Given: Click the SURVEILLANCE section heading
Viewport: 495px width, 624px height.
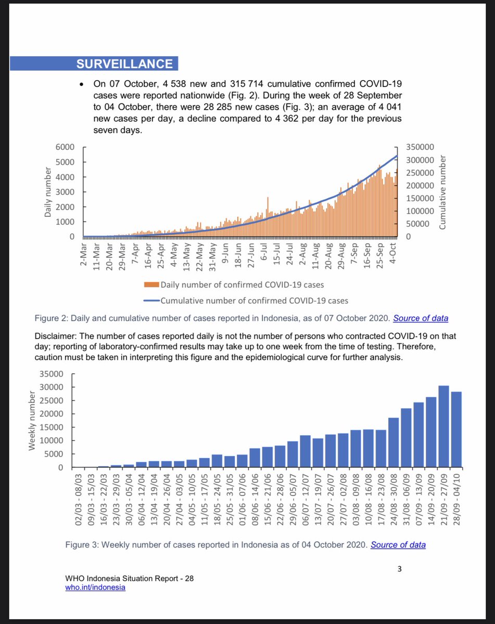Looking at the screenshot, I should [124, 63].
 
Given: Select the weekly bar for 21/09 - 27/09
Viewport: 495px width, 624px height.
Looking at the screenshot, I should [443, 427].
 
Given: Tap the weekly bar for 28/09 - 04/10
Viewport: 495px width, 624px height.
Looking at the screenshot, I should [456, 430].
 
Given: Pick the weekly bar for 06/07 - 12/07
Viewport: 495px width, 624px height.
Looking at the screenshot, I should [306, 452].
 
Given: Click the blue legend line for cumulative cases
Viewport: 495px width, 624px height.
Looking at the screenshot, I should [151, 300].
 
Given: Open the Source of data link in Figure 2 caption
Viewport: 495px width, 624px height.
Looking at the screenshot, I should [421, 318].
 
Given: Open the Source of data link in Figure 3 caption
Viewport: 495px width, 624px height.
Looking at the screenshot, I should [398, 545].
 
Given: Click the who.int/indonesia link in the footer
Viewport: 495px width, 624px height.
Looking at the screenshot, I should [95, 588].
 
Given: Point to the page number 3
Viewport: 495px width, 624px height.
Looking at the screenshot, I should [399, 568].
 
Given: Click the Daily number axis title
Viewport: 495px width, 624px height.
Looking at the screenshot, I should [47, 192].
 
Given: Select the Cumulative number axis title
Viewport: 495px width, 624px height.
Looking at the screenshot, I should [443, 192].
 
